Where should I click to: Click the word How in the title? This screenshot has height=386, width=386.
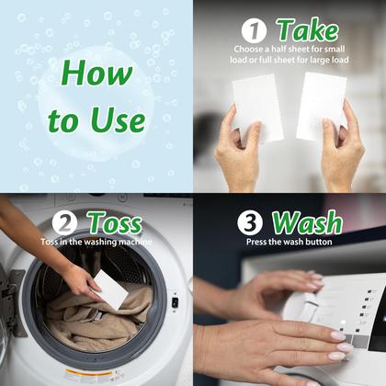pos(96,73)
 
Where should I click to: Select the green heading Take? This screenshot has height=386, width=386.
pos(308,30)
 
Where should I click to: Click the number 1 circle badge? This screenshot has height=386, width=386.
pos(254,30)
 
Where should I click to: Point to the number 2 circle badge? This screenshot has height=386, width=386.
pos(64,223)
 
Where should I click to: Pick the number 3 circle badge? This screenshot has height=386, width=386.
pos(250,222)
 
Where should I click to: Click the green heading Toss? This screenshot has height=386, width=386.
pos(116,222)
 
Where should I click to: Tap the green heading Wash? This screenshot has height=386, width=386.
pos(307,222)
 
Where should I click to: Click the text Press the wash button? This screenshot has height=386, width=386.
pos(289,242)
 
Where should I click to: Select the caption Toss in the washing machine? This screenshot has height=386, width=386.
pos(96,242)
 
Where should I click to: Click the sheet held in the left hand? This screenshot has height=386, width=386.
pos(256,108)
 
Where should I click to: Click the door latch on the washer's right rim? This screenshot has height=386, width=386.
pos(175,302)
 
